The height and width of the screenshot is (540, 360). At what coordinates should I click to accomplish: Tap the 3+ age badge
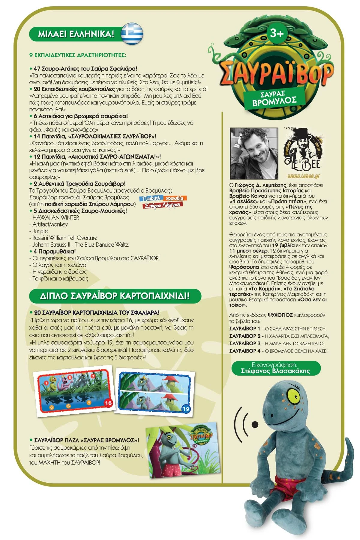click(276, 33)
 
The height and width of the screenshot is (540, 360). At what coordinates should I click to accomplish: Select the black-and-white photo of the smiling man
click(254, 153)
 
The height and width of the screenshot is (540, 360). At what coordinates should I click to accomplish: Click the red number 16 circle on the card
click(108, 403)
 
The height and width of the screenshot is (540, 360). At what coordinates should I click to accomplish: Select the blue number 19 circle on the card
click(186, 409)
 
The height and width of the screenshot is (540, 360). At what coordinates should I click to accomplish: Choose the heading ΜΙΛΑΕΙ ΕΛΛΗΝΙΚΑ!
click(76, 34)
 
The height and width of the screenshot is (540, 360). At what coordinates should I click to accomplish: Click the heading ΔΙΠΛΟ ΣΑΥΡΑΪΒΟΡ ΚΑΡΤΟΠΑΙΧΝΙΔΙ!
click(115, 296)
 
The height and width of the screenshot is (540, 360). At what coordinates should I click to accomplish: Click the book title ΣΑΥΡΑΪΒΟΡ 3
click(245, 343)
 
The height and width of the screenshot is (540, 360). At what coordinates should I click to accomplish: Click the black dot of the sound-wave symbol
click(255, 424)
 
